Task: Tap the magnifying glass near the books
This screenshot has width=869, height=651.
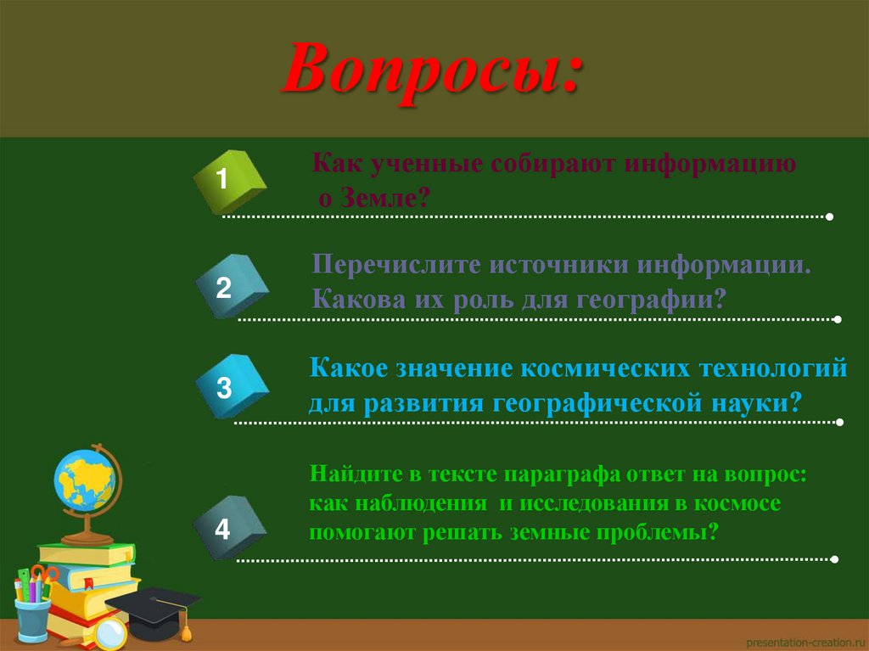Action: pyautogui.click(x=109, y=632)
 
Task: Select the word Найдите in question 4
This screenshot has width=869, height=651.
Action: pyautogui.click(x=349, y=474)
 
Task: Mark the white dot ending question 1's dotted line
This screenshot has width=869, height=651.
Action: pyautogui.click(x=829, y=217)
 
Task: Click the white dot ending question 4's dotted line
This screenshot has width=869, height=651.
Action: pyautogui.click(x=835, y=560)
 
